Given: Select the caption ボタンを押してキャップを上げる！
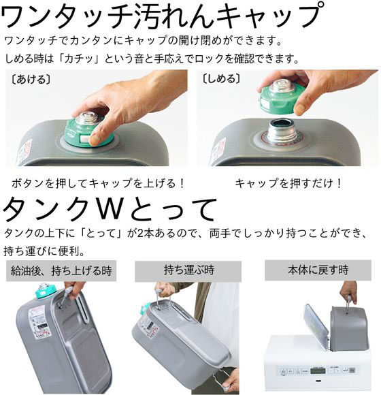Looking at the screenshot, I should pos(99,183).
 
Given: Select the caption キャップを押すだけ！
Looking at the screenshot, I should pos(288,183).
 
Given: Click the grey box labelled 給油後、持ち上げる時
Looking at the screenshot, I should pos(61,270).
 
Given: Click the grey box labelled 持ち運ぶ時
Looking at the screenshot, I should pos(188,270).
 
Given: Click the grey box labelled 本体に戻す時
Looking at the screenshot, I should pos(317,270).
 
